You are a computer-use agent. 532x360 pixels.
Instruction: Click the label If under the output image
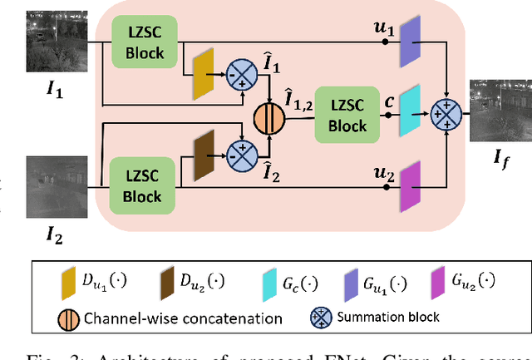pos(501,153)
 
